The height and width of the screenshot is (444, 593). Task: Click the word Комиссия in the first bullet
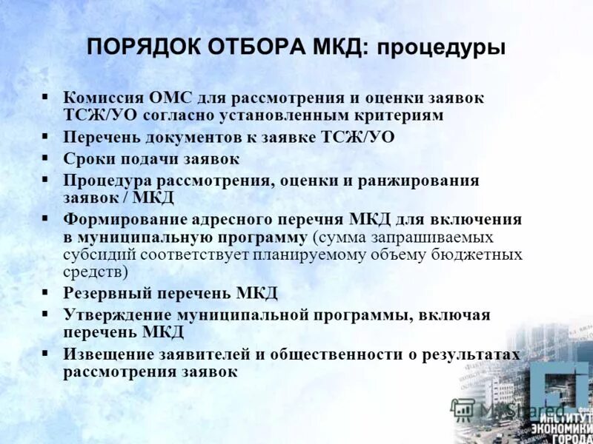point(102,98)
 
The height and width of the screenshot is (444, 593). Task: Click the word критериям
point(397,115)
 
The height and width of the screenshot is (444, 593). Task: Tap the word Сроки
point(87,158)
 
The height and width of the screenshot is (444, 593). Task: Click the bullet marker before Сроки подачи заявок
point(46,158)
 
